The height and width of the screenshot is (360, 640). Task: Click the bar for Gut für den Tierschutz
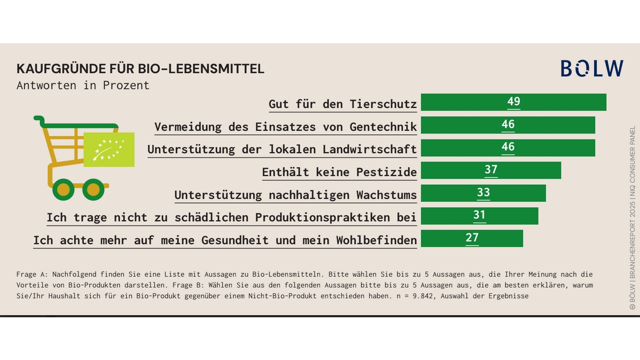513,103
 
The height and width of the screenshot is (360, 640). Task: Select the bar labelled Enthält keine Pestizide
490,171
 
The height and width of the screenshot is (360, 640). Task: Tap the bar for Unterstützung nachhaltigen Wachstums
483,193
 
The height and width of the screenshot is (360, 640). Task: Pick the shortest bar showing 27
471,239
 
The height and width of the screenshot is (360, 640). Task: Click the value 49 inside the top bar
513,102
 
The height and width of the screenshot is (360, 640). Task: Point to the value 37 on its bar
491,170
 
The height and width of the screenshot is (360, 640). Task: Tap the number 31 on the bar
479,216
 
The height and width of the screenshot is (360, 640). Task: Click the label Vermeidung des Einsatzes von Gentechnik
285,127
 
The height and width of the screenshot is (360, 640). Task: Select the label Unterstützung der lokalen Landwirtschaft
282,150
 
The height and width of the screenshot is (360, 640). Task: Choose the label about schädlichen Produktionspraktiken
231,218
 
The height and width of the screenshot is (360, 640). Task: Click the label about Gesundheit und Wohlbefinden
224,240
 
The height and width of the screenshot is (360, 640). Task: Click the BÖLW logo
591,68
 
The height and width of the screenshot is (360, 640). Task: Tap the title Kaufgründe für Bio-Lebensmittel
140,69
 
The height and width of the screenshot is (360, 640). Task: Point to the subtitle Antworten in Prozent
83,85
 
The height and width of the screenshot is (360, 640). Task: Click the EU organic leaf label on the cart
109,150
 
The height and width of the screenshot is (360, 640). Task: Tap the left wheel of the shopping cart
64,189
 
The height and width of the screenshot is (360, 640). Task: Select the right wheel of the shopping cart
93,189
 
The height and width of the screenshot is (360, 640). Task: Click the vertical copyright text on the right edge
633,218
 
